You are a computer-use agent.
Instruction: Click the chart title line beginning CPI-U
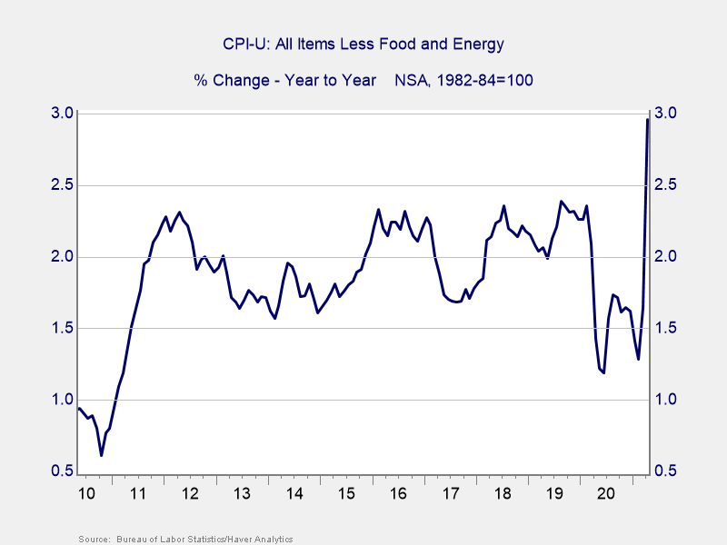tap(363, 44)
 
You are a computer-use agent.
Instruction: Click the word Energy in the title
tap(480, 44)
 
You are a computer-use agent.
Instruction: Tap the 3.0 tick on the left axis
tap(62, 114)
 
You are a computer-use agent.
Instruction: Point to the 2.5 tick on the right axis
tap(665, 185)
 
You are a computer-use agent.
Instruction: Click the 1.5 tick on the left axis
tap(62, 328)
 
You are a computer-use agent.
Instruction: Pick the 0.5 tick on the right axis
tap(665, 471)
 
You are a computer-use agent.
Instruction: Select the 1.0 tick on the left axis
tap(62, 400)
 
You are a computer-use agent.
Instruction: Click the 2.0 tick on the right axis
tap(665, 257)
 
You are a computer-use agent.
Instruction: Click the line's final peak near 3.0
tap(647, 120)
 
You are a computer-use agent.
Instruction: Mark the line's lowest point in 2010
tap(102, 455)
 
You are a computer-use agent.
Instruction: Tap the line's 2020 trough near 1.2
tap(603, 372)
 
